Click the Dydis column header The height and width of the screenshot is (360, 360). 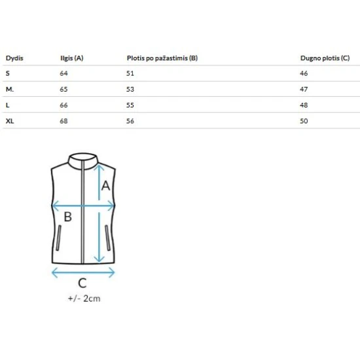tap(14, 58)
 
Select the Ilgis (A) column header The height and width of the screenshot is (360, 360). tap(72, 58)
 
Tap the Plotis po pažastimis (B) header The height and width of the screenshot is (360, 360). tap(162, 58)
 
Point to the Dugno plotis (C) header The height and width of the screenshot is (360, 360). tap(325, 58)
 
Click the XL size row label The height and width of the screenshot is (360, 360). tap(10, 121)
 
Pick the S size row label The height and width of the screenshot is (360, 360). tap(8, 73)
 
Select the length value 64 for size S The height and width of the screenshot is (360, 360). tap(64, 73)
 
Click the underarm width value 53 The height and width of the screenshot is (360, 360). tap(130, 89)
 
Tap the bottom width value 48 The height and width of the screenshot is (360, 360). tap(304, 105)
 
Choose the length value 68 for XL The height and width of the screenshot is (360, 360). tap(64, 121)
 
